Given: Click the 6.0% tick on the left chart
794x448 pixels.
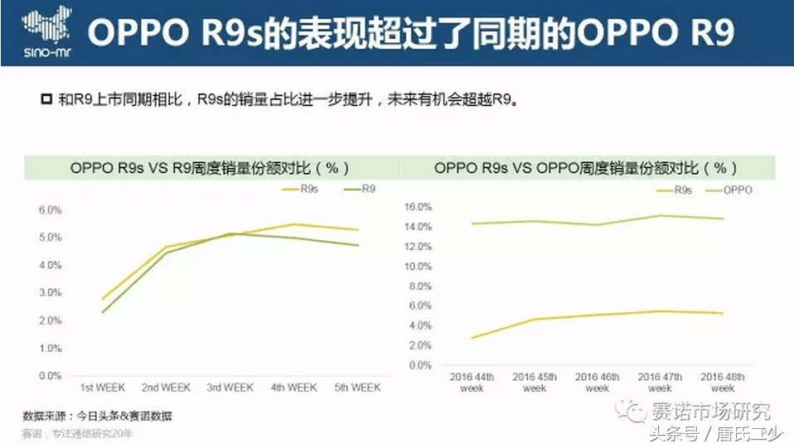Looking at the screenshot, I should point(51,210).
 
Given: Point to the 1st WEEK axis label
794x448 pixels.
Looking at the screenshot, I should point(102,388).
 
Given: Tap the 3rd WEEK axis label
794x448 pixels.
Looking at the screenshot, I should point(230,388).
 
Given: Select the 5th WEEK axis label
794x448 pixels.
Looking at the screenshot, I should point(356,388).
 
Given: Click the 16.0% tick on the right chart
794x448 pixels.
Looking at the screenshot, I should point(419,206).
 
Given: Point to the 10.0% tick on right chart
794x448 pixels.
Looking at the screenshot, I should point(419,267).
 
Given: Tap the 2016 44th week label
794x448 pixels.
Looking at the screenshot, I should point(472,383).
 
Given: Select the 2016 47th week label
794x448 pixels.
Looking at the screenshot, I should point(660,383).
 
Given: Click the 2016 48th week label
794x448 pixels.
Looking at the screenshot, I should point(722,383).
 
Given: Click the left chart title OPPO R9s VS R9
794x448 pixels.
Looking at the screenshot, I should point(210,168).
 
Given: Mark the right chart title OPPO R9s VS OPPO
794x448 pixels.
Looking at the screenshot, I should point(585,168).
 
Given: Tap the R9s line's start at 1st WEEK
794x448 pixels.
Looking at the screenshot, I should point(102,299).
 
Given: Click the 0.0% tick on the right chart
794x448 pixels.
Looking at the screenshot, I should point(421,365).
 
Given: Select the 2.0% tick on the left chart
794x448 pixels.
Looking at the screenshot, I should point(51,320).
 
